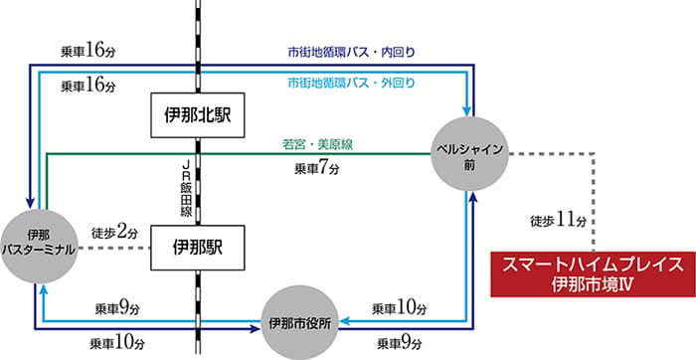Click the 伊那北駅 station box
coord(198,115)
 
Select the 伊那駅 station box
coord(198,248)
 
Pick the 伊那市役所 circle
coord(299,323)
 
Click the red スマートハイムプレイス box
coord(593,274)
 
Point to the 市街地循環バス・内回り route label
coord(351,53)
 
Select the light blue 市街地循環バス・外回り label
coord(351,83)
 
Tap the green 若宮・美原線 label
coord(318,144)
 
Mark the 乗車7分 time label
coord(317,169)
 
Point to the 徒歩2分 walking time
coord(114,232)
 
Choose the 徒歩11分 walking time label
coord(559,220)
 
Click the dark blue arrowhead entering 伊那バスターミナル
coord(30,203)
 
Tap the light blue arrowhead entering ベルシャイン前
coord(466,111)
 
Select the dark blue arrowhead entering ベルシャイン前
coord(474,197)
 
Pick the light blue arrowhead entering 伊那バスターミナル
coord(44,289)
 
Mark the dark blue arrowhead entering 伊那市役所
coord(256,329)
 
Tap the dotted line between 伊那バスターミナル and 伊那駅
coord(114,249)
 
